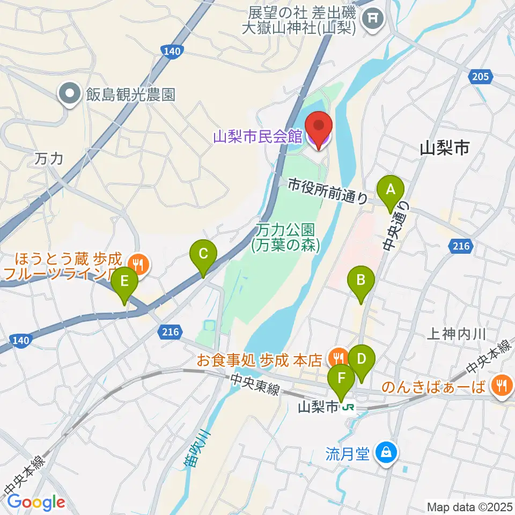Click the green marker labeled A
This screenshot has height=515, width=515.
(x=390, y=189)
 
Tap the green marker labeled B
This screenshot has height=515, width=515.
(x=361, y=279)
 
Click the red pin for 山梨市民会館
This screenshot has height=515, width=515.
(x=319, y=128)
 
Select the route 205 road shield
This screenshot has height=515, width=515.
(x=481, y=77)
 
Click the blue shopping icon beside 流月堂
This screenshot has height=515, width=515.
(x=385, y=453)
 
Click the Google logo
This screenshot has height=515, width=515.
(x=36, y=502)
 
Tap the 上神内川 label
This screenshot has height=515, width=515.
(x=457, y=334)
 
